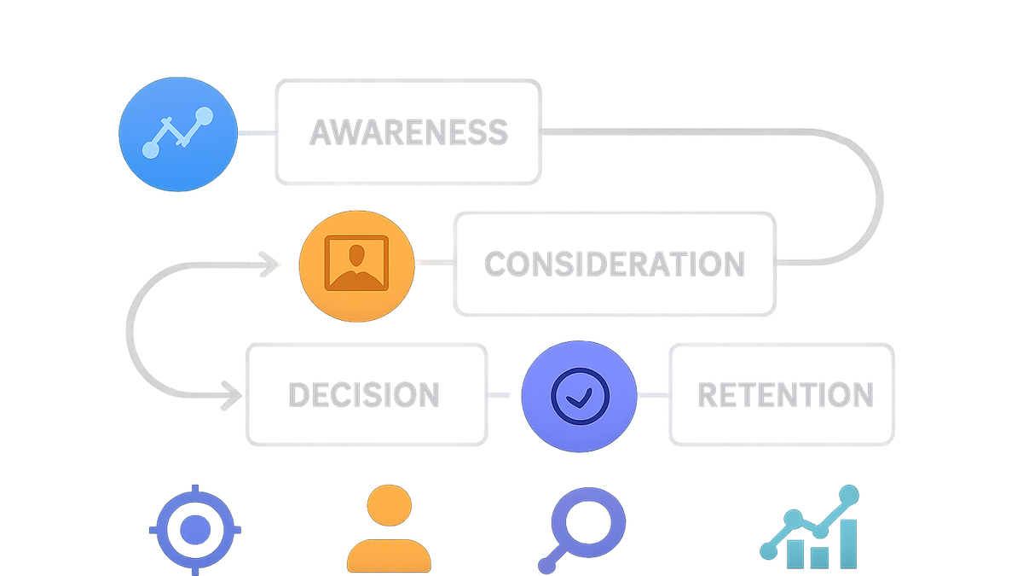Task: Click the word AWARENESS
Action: tap(408, 132)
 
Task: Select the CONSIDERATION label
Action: tap(615, 264)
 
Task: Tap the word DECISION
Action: tap(364, 394)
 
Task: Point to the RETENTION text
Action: tap(785, 394)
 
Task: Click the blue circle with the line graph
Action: tap(178, 134)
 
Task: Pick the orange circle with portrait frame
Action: tap(356, 266)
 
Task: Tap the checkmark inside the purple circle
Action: tap(579, 398)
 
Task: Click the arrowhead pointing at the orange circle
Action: tap(269, 265)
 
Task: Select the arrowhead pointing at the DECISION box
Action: tap(231, 395)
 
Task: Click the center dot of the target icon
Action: tap(195, 530)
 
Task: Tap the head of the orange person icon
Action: tap(389, 505)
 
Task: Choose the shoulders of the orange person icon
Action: tap(389, 556)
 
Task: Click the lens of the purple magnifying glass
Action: tap(588, 523)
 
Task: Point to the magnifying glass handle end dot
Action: tap(546, 566)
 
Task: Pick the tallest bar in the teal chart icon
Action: tap(848, 544)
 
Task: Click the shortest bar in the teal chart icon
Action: tap(819, 558)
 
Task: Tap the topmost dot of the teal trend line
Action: tap(849, 495)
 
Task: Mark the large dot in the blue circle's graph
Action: tap(204, 116)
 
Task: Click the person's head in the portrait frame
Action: tap(356, 255)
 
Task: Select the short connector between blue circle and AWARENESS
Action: tap(257, 133)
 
